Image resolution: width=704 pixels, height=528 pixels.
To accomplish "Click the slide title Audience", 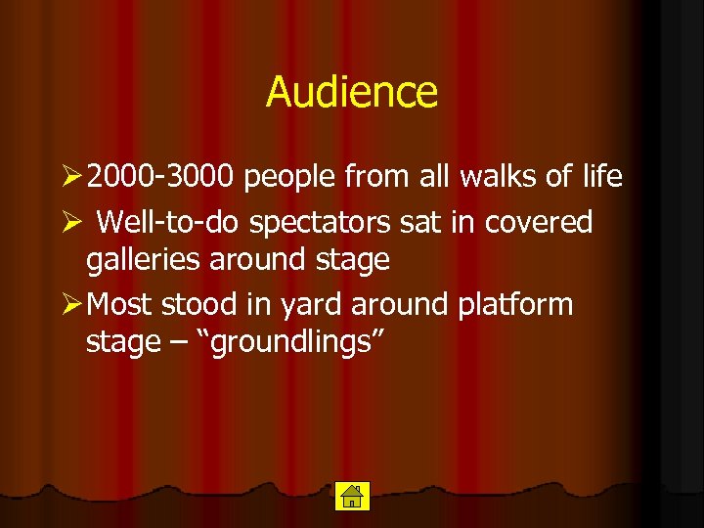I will click(x=352, y=93).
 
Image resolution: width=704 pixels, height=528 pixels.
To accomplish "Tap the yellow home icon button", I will click(x=350, y=497).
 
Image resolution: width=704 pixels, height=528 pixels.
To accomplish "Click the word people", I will click(x=288, y=178).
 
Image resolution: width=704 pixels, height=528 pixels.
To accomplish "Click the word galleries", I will click(x=144, y=261).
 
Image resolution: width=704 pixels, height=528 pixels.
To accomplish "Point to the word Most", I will click(x=118, y=304).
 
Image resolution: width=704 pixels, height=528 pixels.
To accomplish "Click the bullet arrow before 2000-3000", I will click(x=71, y=177).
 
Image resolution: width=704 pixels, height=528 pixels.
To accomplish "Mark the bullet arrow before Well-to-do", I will click(x=71, y=223).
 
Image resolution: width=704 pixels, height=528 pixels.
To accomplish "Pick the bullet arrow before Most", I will click(x=71, y=304).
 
